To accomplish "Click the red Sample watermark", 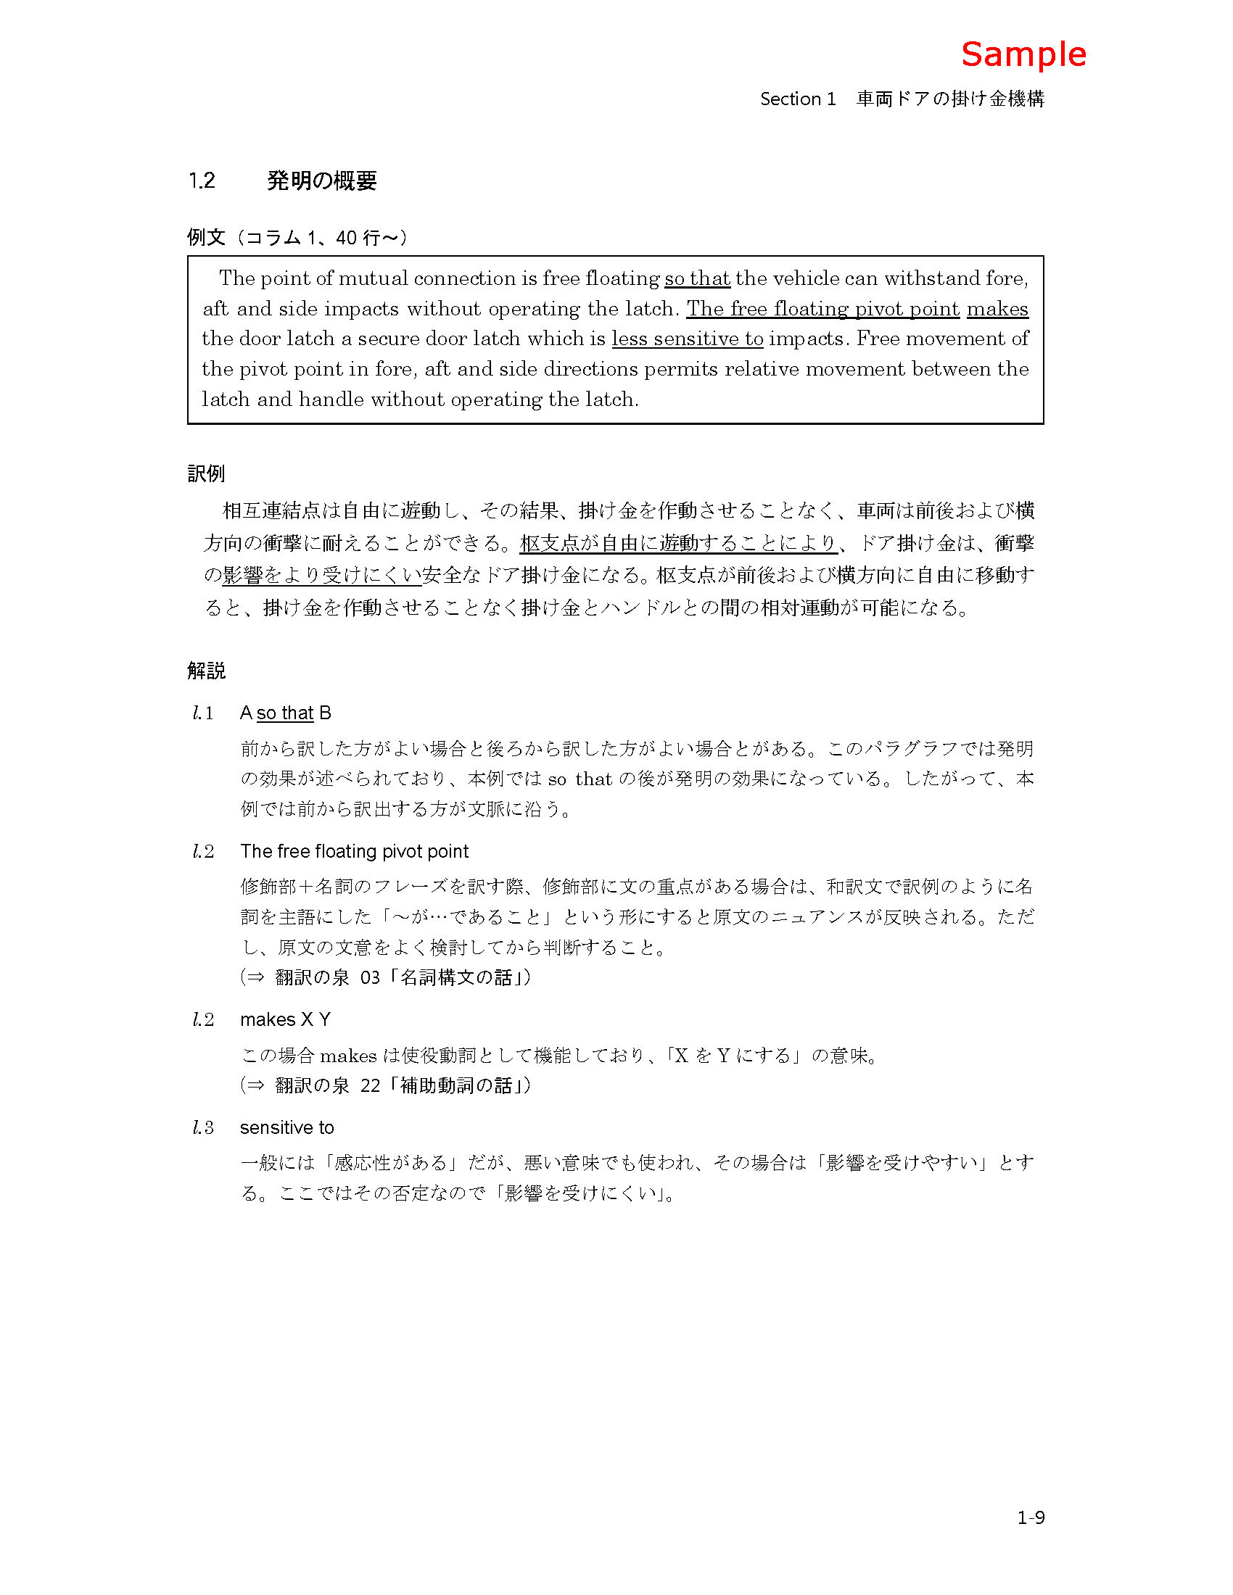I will pos(1023,55).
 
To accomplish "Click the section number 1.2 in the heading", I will pos(202,181).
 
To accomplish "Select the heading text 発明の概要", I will pos(321,181).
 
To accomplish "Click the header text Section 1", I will pos(798,99).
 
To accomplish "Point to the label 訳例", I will pos(206,474).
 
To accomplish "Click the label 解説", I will pos(206,671).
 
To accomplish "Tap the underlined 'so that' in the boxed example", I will pos(697,278).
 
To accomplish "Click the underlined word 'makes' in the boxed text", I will pos(997,309).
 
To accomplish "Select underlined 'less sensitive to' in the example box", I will pos(688,339).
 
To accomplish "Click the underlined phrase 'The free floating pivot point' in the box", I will pos(822,309).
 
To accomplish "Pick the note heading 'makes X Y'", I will pos(285,1019).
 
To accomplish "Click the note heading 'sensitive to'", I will pos(286,1127).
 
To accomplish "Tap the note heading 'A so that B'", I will pos(285,713).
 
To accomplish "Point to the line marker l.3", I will pos(203,1127).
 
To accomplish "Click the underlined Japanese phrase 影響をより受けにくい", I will pos(321,576).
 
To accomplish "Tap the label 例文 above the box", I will pos(206,237).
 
